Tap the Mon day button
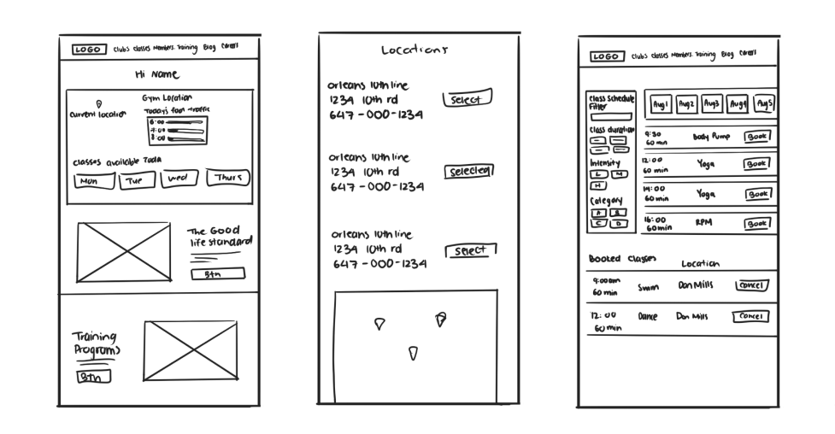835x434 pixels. [x=90, y=181]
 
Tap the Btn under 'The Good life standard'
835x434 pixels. [x=218, y=274]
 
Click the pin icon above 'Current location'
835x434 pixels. [x=99, y=104]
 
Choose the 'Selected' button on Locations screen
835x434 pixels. [x=469, y=171]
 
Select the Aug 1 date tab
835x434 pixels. [x=660, y=105]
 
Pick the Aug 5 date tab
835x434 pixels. [x=765, y=105]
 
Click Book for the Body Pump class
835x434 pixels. [x=757, y=137]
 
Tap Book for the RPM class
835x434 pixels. [x=757, y=224]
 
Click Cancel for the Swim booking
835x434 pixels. [x=751, y=285]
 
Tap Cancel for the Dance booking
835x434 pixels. [x=751, y=317]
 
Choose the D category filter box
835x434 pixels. [x=615, y=224]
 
